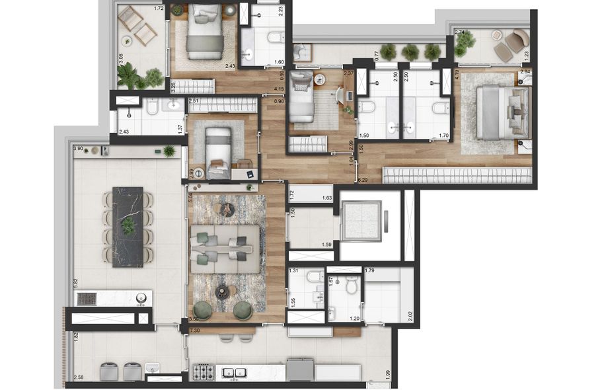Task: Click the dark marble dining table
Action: (128, 227)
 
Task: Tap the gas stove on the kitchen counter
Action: (204, 373)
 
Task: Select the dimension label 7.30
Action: (194, 330)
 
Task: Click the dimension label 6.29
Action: (362, 179)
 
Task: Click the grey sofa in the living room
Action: (224, 249)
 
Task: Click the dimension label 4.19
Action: (456, 83)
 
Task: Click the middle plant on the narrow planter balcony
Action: (411, 52)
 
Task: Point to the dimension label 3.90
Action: (79, 149)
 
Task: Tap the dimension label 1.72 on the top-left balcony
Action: (158, 9)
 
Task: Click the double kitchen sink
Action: (231, 373)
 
